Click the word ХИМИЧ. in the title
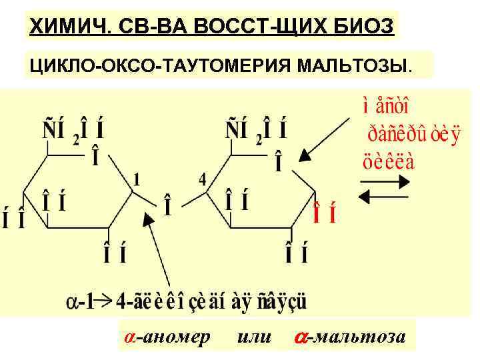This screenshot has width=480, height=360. tap(65, 27)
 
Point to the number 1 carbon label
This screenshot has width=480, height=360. tap(137, 179)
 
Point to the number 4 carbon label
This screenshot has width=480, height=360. tap(202, 179)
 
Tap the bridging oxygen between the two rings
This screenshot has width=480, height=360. tap(168, 208)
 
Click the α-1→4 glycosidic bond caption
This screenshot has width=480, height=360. tap(187, 303)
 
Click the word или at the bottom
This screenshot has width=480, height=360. tap(254, 337)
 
